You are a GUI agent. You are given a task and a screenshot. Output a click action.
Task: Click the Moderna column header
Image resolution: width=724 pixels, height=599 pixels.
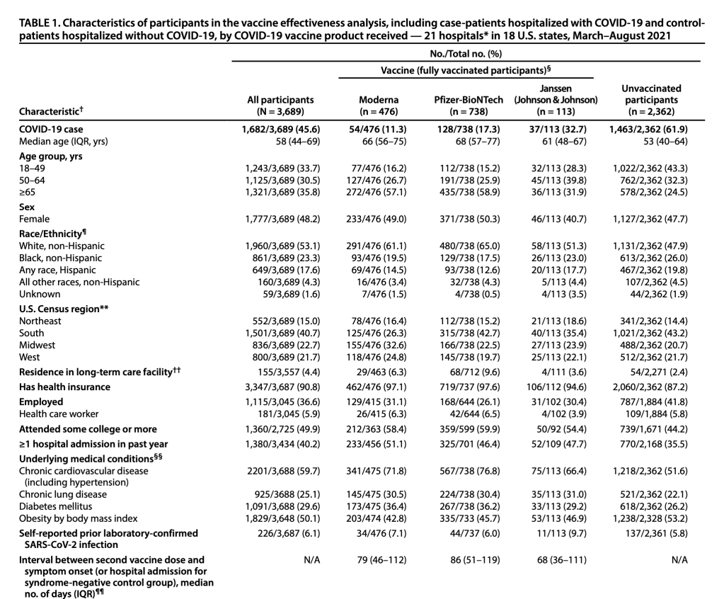[x=379, y=105]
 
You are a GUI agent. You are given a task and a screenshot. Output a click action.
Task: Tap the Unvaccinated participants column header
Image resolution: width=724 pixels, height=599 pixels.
[x=650, y=100]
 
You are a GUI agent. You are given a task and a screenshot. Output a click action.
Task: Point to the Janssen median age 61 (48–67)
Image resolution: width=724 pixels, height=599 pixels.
[x=556, y=142]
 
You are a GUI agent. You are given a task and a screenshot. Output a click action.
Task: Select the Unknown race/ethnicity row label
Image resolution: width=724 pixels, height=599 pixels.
[x=40, y=294]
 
